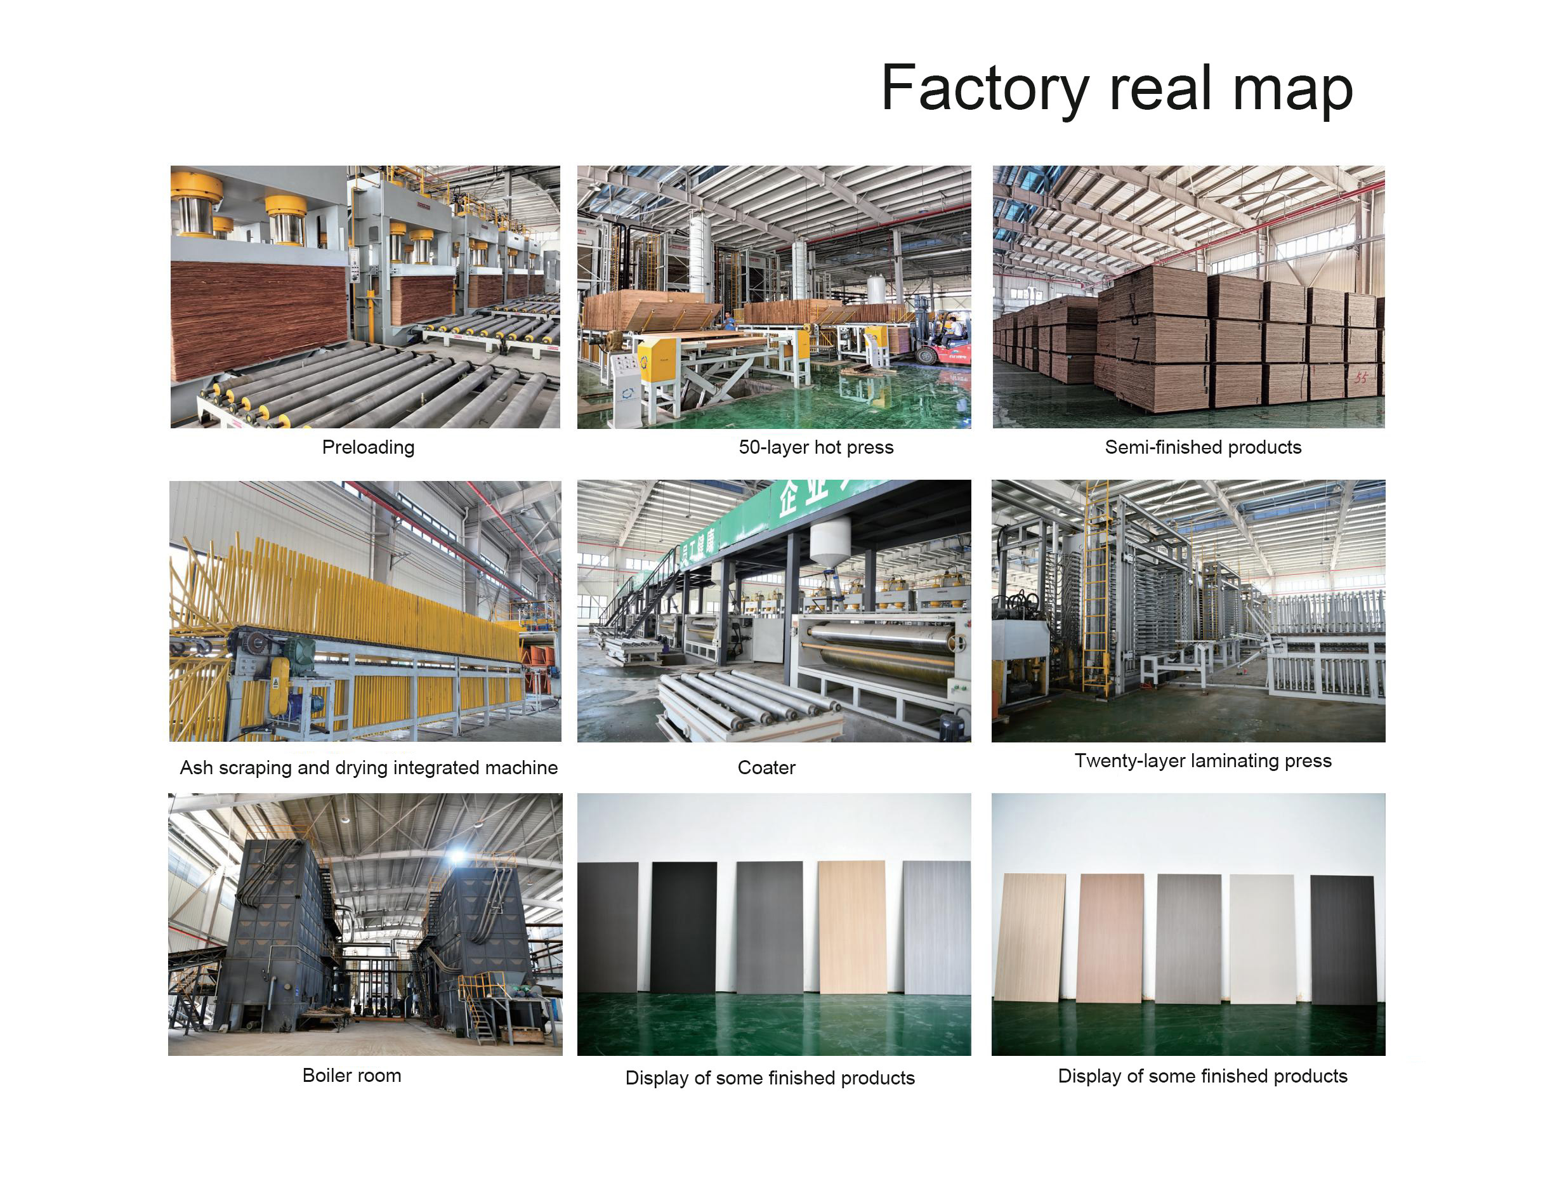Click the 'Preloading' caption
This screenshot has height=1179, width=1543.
pyautogui.click(x=368, y=447)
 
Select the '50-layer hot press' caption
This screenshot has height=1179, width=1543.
pyautogui.click(x=815, y=447)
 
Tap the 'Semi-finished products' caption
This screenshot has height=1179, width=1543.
pyautogui.click(x=1202, y=447)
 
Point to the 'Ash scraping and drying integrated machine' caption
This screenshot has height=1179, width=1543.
pyautogui.click(x=369, y=767)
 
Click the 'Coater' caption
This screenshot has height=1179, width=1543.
pyautogui.click(x=766, y=767)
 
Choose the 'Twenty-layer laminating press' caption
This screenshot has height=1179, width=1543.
pyautogui.click(x=1202, y=761)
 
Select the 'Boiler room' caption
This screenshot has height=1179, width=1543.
pyautogui.click(x=351, y=1075)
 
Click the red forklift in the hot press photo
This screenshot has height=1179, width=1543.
pyautogui.click(x=944, y=343)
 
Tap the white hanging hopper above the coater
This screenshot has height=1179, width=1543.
pyautogui.click(x=829, y=541)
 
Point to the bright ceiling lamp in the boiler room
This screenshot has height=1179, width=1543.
pyautogui.click(x=457, y=855)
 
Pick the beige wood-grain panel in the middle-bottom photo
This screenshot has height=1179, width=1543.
pyautogui.click(x=852, y=926)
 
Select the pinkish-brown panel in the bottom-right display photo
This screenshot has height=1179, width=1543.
pyautogui.click(x=1110, y=938)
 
